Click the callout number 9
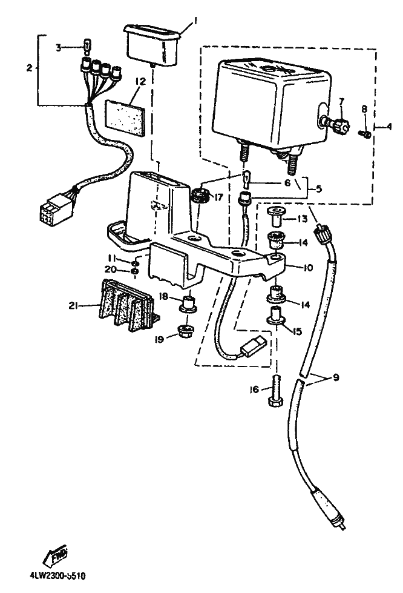click(335, 379)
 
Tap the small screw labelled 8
click(365, 131)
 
